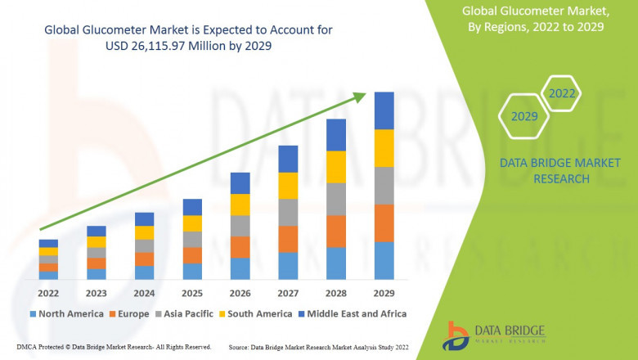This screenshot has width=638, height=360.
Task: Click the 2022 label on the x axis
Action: pyautogui.click(x=48, y=292)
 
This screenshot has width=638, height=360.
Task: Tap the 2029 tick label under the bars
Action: pyautogui.click(x=384, y=292)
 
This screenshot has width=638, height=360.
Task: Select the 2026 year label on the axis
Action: pyautogui.click(x=240, y=292)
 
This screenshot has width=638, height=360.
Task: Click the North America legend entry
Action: pyautogui.click(x=66, y=313)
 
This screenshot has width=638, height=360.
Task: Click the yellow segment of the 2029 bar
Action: pyautogui.click(x=384, y=148)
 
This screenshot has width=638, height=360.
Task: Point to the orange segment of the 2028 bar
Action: pyautogui.click(x=336, y=231)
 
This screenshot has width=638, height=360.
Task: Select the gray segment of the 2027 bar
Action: pyautogui.click(x=288, y=212)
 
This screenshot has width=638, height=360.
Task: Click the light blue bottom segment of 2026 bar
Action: pyautogui.click(x=240, y=268)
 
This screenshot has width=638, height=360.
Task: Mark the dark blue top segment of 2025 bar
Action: pyautogui.click(x=192, y=207)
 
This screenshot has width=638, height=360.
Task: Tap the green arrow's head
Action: pyautogui.click(x=360, y=97)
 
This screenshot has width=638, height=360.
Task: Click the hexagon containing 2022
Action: pyautogui.click(x=562, y=93)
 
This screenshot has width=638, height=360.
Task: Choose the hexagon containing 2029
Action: pyautogui.click(x=524, y=116)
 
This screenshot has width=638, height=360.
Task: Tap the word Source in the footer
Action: pyautogui.click(x=243, y=348)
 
